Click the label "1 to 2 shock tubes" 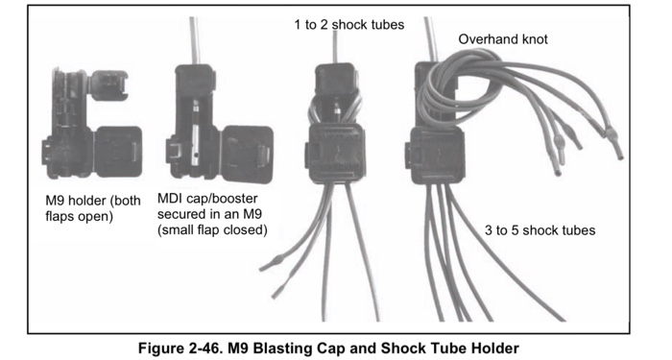(348, 25)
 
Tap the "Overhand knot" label (503, 39)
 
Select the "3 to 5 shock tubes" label (540, 230)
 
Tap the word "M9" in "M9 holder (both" (55, 201)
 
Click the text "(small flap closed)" (212, 230)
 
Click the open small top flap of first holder (109, 85)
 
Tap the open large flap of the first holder (118, 152)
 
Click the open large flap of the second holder (247, 155)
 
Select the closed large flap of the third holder (337, 152)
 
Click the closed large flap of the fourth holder (437, 155)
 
